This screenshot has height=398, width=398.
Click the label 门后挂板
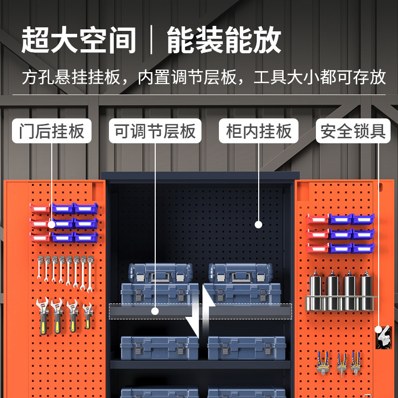pos(52,132)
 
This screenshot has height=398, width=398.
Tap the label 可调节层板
pos(155,132)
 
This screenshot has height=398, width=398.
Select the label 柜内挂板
pos(259,132)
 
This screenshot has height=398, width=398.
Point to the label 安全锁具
pos(353,132)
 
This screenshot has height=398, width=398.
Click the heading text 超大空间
pos(79,40)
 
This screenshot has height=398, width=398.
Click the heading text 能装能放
pos(224,40)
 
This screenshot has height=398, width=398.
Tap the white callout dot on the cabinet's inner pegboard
pos(258,224)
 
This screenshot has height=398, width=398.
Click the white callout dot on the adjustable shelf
pos(155,311)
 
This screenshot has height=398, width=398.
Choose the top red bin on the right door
pos(317,219)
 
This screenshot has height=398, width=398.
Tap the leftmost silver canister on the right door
pos(315,291)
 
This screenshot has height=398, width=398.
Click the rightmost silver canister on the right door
pos(366,291)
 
